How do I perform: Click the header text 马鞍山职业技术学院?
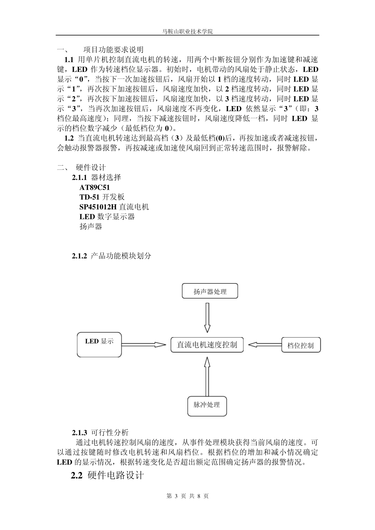(187, 31)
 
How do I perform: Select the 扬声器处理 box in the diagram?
(210, 291)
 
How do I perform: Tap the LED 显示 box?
(99, 344)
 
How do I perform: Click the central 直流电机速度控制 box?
(207, 345)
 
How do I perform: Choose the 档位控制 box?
(300, 345)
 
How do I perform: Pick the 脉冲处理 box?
(207, 406)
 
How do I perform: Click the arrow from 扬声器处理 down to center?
(207, 317)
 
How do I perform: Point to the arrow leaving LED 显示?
(144, 345)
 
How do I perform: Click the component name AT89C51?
(95, 187)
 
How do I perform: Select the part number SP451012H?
(98, 207)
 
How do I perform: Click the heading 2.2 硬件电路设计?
(107, 476)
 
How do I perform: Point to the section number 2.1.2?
(79, 256)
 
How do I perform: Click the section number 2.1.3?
(79, 433)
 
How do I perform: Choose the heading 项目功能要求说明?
(114, 50)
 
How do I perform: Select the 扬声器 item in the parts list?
(91, 226)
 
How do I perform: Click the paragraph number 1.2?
(69, 138)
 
